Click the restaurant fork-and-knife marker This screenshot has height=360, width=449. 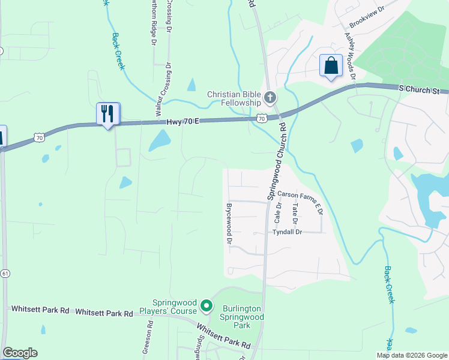108,113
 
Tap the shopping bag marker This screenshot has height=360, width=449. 331,65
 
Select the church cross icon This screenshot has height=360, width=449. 270,97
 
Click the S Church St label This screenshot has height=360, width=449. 424,89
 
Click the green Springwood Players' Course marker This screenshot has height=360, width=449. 206,307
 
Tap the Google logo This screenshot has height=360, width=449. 20,353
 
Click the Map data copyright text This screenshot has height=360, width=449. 411,355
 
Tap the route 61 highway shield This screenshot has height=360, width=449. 5,274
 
